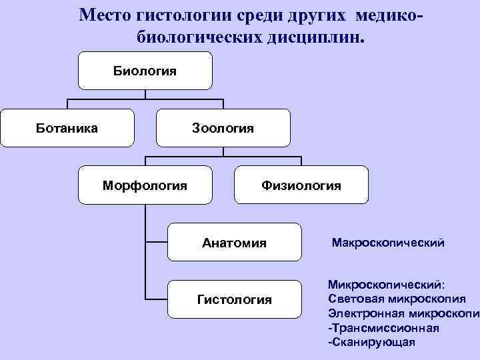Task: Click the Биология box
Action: (145, 71)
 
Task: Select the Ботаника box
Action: (67, 127)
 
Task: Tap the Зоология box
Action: (223, 127)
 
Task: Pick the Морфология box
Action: (145, 185)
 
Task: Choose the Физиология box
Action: (301, 185)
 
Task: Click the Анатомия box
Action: (234, 243)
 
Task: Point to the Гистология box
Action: (234, 299)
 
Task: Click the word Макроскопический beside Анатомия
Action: (388, 243)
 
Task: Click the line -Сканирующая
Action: (371, 341)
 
